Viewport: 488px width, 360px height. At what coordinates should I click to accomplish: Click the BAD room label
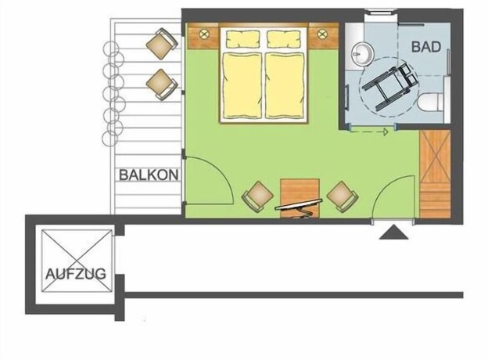click(426, 47)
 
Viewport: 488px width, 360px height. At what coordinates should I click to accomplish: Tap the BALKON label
click(149, 175)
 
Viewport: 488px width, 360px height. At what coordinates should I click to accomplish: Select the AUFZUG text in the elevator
click(76, 274)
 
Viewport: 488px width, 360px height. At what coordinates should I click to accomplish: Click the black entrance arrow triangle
click(393, 232)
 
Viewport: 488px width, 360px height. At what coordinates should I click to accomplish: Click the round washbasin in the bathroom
click(363, 54)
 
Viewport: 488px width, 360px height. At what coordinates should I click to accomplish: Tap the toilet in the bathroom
click(430, 102)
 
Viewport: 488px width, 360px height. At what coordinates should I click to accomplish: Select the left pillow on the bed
click(242, 38)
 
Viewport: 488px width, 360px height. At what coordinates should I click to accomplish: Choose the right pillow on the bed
click(285, 38)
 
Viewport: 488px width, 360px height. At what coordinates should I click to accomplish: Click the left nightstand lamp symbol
click(204, 33)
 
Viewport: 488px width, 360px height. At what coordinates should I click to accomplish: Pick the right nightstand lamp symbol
click(322, 33)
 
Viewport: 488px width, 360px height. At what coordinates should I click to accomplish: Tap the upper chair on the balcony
click(162, 44)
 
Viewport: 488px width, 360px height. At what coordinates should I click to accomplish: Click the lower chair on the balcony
click(162, 85)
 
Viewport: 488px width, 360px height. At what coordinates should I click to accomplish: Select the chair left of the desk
click(258, 196)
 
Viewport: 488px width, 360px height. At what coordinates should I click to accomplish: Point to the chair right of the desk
click(343, 196)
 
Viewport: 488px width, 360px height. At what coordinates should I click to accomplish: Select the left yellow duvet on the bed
click(242, 85)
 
